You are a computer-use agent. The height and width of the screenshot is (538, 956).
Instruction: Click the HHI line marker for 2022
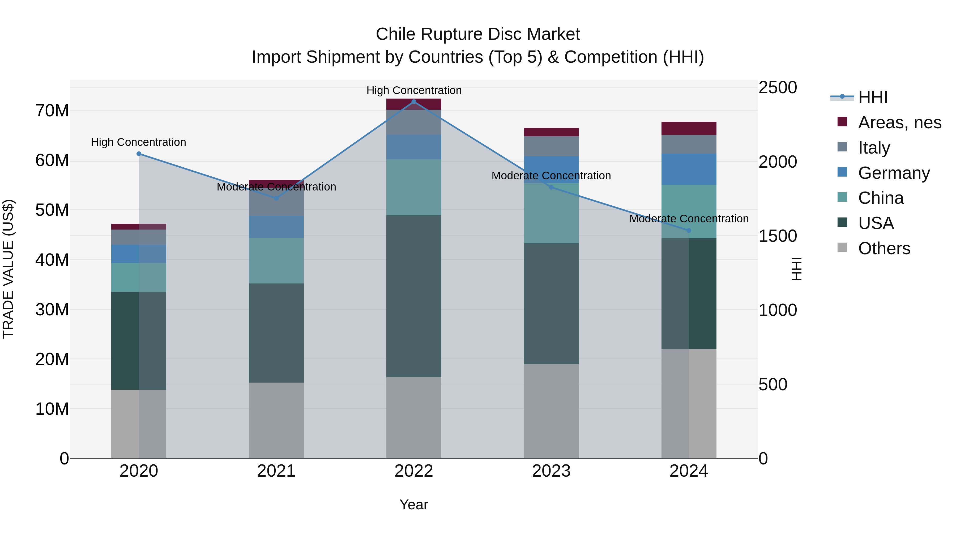(414, 102)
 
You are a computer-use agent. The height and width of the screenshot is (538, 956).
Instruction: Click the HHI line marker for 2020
(139, 154)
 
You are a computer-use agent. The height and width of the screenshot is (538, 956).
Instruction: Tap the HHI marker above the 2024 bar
(689, 231)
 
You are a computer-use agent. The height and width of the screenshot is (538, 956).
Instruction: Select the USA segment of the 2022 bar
(414, 296)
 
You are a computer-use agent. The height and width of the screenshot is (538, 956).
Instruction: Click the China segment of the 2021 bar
(276, 261)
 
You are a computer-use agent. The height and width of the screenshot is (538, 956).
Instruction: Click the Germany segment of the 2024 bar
(689, 169)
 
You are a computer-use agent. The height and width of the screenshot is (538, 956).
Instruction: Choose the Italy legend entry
(874, 148)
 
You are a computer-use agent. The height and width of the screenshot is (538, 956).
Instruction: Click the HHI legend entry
(872, 97)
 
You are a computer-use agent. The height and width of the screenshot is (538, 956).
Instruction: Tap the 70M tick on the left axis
(52, 111)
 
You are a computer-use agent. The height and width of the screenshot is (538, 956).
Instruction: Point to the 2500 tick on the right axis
(778, 88)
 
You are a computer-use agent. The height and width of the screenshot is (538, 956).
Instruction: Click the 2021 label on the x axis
(276, 471)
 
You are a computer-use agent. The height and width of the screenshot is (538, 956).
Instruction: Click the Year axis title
(413, 505)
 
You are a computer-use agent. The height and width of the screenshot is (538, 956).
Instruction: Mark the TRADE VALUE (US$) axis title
(8, 269)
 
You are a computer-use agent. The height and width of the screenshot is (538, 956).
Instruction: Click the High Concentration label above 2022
(414, 90)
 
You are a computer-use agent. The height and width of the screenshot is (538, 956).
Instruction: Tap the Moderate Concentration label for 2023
(551, 176)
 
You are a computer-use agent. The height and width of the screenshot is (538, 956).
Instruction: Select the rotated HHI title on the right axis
(797, 269)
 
